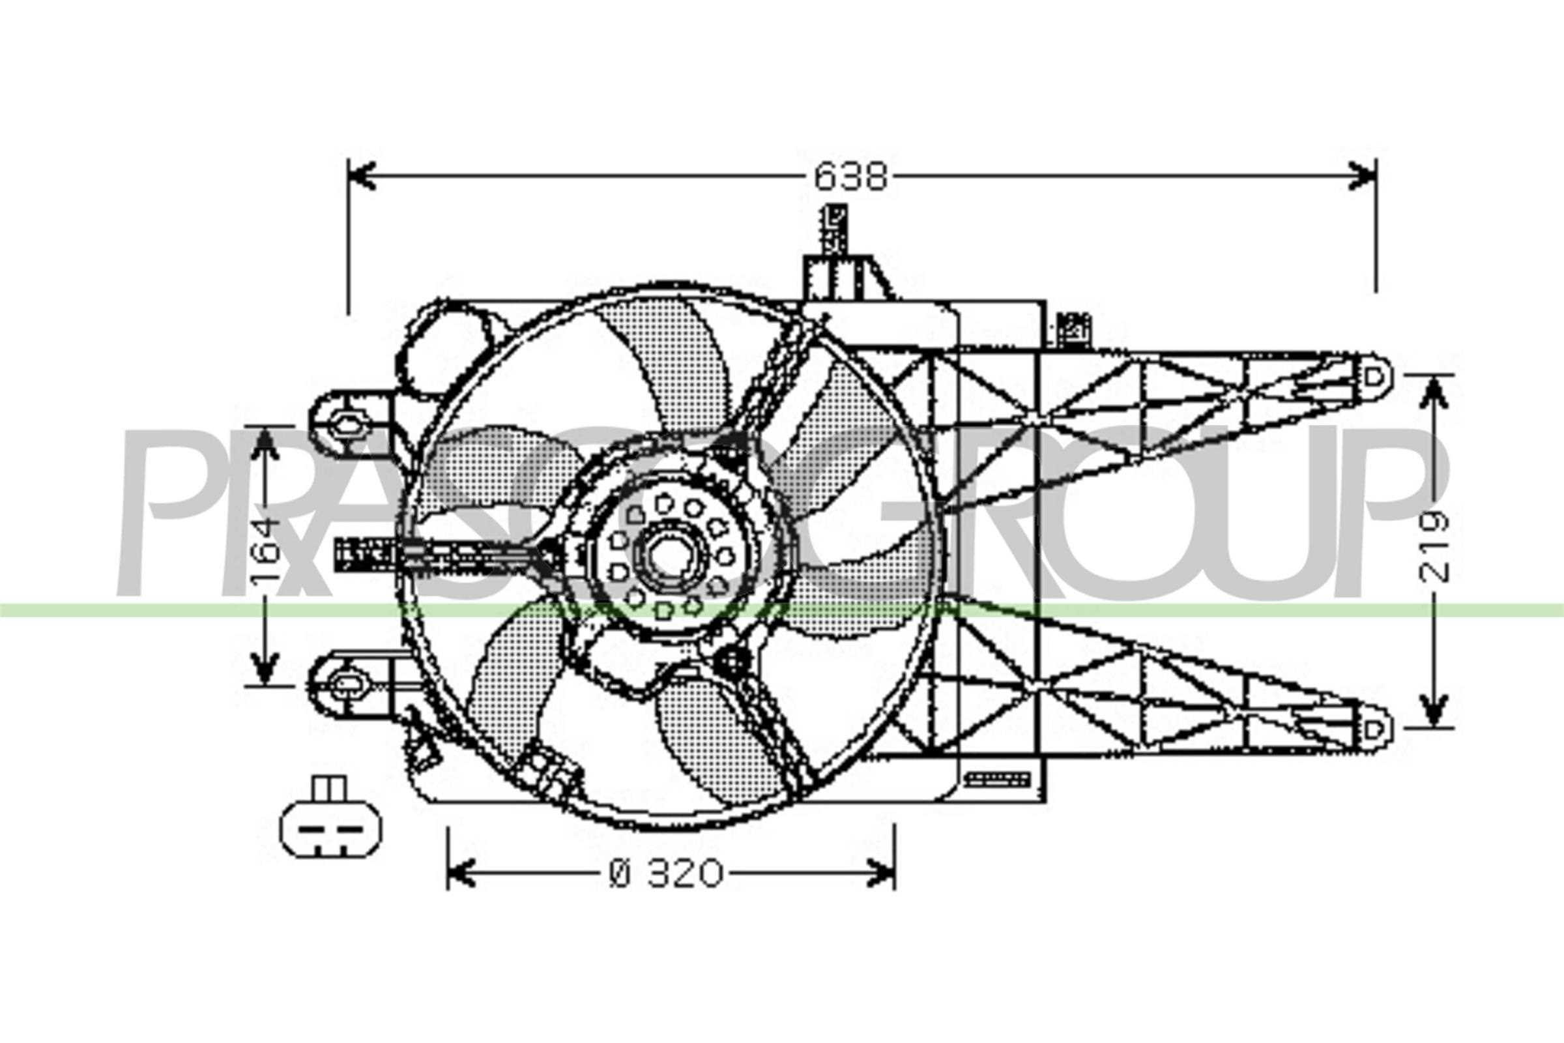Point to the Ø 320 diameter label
tap(665, 874)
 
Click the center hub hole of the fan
tap(664, 557)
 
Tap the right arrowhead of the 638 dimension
tap(1361, 176)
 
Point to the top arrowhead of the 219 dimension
tap(1434, 392)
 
